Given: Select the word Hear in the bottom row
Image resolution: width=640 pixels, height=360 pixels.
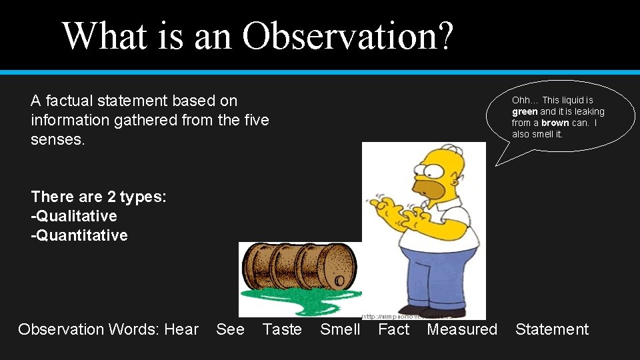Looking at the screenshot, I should click(x=181, y=329).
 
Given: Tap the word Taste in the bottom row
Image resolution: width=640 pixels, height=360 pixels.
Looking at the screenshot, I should click(x=282, y=329).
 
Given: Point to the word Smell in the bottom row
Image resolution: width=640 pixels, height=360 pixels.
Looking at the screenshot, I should click(x=340, y=329).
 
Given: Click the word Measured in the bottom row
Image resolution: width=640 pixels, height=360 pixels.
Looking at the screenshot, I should click(x=462, y=329).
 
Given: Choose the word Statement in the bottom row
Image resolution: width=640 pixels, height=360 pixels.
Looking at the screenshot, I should click(x=552, y=329).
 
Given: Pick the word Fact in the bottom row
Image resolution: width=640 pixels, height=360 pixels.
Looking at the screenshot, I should click(x=393, y=329).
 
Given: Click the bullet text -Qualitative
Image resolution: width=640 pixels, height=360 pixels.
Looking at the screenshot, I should click(x=74, y=216).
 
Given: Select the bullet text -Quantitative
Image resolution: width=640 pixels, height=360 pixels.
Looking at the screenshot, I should click(x=79, y=235).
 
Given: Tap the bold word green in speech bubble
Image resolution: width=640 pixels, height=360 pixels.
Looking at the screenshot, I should click(x=525, y=111).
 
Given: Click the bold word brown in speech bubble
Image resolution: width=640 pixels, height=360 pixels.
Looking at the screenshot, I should click(x=555, y=123).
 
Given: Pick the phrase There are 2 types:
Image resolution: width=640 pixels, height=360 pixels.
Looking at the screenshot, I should click(x=99, y=197).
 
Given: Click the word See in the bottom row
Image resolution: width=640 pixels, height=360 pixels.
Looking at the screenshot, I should click(x=230, y=329).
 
